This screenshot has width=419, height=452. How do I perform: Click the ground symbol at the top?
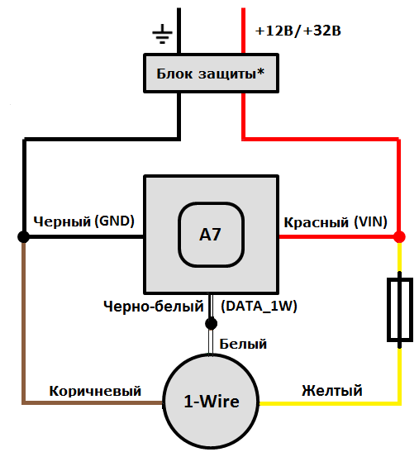coord(163,34)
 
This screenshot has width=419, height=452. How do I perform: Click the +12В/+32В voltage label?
coord(298,31)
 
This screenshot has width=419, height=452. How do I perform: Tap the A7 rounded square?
coord(210,235)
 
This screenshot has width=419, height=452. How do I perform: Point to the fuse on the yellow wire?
coord(399,310)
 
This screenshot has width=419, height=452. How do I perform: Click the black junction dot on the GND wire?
coord(24,236)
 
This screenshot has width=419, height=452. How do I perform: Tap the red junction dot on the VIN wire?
coord(399,236)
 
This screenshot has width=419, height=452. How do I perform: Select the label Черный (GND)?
coord(83,221)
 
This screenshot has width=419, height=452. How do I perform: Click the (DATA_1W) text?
coord(259,306)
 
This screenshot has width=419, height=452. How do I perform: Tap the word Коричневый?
coord(95,390)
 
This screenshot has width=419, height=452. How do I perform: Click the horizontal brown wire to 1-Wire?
coord(91,402)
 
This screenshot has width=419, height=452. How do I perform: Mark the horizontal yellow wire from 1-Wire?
coord(331,402)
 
